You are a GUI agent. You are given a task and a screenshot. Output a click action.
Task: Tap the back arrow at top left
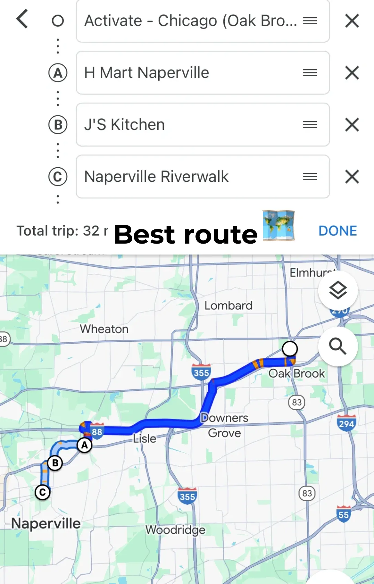click(22, 19)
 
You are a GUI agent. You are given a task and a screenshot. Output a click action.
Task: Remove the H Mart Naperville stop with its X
click(352, 73)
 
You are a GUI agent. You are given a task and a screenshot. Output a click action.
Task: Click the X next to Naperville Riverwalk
click(352, 177)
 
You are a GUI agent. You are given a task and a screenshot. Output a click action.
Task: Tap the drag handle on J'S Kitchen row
click(310, 125)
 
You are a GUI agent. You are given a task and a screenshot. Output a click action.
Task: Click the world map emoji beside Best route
click(278, 226)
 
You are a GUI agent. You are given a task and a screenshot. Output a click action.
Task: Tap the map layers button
click(338, 290)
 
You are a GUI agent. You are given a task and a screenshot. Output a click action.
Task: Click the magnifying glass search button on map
click(338, 346)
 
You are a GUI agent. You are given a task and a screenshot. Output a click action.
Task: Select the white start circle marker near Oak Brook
click(290, 348)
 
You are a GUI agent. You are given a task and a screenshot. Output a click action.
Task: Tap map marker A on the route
click(84, 445)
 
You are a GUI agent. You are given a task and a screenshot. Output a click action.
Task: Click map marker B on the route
click(55, 463)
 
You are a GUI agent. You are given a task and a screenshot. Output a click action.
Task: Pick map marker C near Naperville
click(43, 492)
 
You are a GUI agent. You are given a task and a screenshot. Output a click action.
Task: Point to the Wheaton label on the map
click(104, 329)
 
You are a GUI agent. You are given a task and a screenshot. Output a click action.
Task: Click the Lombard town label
click(228, 306)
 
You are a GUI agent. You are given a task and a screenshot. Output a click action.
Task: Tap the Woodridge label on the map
click(175, 530)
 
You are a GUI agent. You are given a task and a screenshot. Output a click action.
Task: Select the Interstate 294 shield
click(346, 423)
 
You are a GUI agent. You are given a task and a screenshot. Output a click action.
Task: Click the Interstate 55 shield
click(344, 514)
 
